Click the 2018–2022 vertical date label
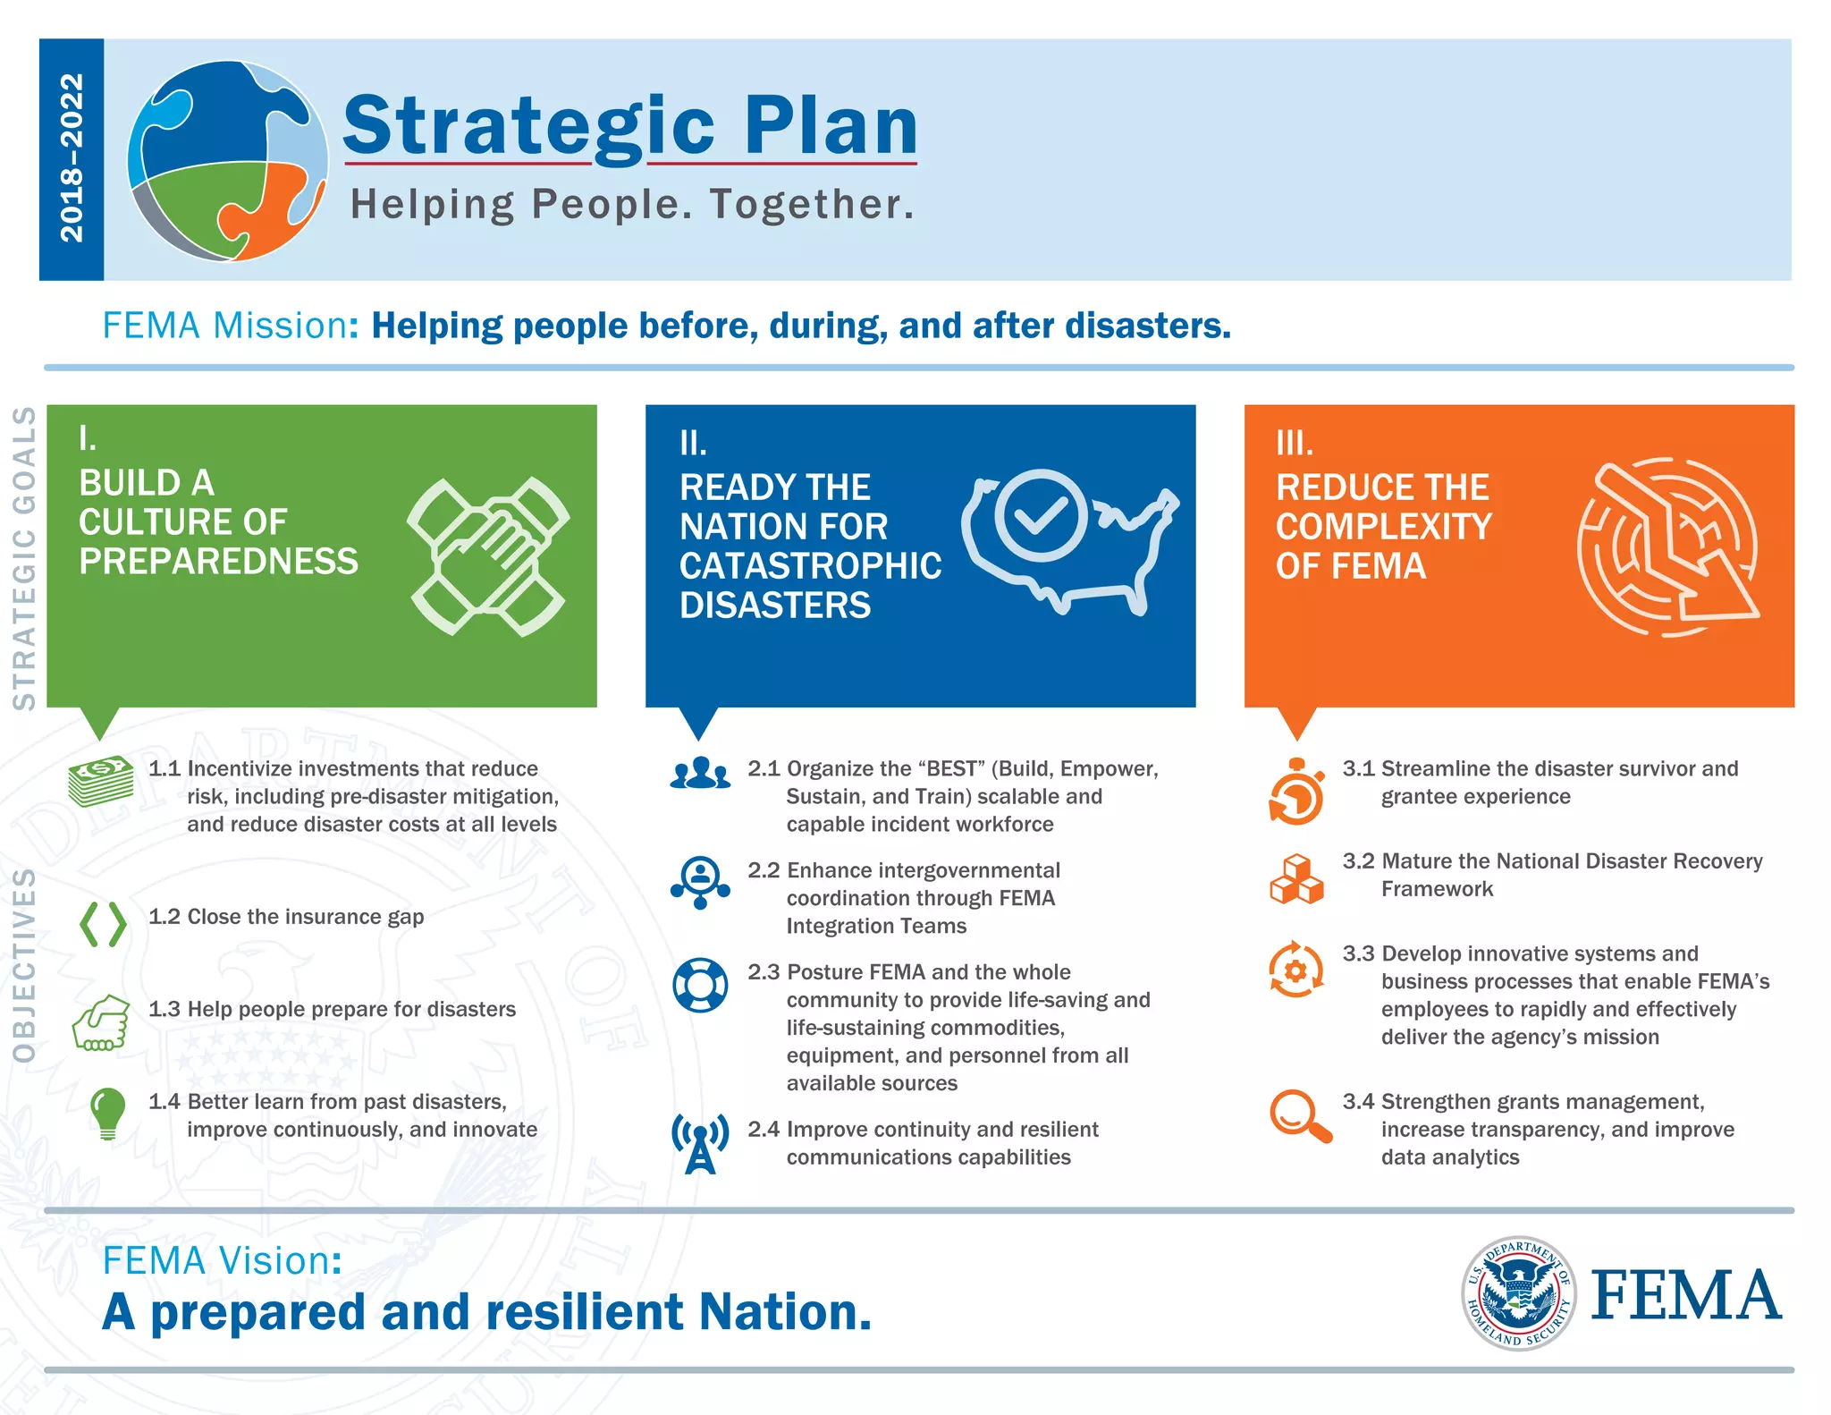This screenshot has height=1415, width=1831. tap(72, 158)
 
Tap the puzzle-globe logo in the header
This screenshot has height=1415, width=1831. tap(228, 161)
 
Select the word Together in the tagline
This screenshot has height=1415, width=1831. tap(811, 204)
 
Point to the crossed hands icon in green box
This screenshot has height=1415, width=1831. tap(488, 556)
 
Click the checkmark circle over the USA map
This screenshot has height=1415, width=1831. tap(1041, 515)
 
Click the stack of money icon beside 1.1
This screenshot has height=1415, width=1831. tap(101, 780)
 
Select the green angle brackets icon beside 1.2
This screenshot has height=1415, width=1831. tap(103, 924)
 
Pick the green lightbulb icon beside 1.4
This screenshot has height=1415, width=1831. tap(107, 1113)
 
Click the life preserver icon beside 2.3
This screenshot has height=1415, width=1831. tap(700, 985)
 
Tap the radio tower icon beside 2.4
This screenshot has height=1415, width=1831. tap(700, 1143)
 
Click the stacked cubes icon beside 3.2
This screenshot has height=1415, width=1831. tap(1296, 879)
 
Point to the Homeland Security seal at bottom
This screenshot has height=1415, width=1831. tap(1518, 1293)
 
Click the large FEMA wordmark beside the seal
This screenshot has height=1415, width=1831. tap(1686, 1296)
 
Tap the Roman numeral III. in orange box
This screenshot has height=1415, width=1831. tap(1295, 443)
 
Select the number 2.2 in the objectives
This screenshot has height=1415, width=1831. tap(764, 870)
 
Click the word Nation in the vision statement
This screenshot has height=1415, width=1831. tap(784, 1312)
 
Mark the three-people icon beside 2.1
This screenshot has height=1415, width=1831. tap(700, 773)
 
